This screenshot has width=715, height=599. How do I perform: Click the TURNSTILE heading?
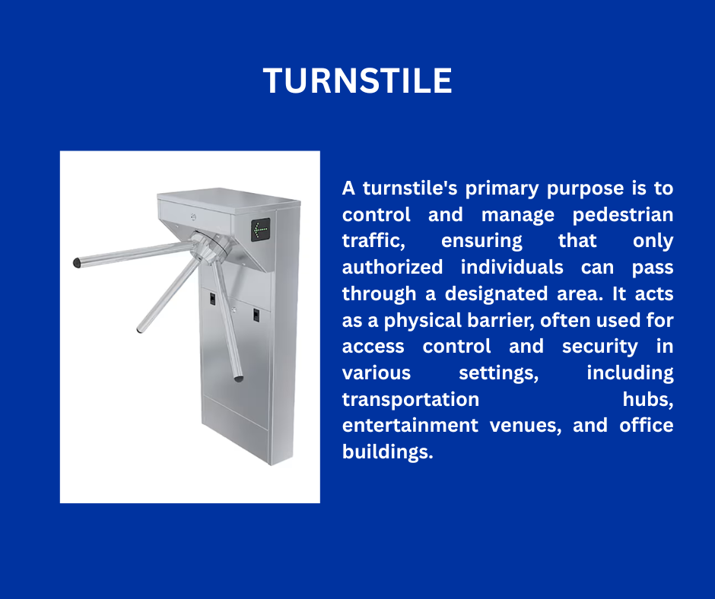357,81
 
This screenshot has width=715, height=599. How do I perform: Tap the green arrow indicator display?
260,230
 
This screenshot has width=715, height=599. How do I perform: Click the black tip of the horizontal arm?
77,263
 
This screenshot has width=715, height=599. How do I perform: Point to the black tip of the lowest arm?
239,378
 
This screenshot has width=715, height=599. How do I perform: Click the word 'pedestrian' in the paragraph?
623,214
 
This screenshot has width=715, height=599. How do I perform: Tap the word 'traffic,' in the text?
373,241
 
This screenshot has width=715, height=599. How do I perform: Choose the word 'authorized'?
392,267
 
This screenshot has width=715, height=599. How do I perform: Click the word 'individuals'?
512,267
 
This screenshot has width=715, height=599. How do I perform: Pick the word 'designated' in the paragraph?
496,293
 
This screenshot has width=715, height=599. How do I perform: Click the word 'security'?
599,347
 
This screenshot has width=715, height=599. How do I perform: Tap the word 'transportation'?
411,399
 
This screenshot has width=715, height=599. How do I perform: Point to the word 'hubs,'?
648,400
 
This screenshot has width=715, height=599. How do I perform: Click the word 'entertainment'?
410,426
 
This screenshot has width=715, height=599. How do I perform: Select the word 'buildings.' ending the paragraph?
387,452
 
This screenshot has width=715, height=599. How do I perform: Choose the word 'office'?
646,426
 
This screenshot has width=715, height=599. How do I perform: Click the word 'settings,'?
498,373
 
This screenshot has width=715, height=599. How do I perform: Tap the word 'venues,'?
526,426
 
